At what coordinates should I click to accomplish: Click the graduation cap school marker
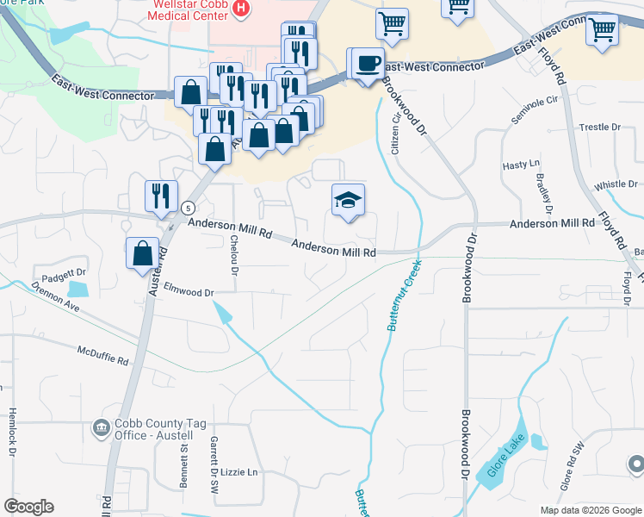tap(348, 202)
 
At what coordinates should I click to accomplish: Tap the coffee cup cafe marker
tap(368, 63)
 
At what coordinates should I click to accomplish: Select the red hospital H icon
tap(241, 9)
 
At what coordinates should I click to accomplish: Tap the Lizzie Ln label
tap(240, 472)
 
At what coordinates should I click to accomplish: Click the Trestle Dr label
tap(600, 127)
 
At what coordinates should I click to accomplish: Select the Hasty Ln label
tap(521, 164)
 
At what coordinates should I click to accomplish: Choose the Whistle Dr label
tap(616, 184)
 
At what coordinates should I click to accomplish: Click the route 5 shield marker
tap(187, 208)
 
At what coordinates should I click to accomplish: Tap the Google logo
tap(28, 507)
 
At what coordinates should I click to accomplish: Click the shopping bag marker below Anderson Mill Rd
tap(143, 254)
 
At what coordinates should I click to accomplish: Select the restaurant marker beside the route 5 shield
tap(160, 196)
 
